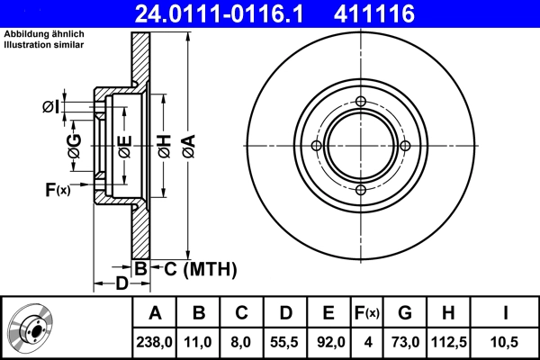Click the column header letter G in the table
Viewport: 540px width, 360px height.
pyautogui.click(x=404, y=313)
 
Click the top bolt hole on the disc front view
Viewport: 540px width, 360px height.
pyautogui.click(x=360, y=101)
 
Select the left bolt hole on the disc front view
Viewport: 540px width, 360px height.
pyautogui.click(x=316, y=146)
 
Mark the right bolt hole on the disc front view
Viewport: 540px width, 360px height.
pyautogui.click(x=404, y=146)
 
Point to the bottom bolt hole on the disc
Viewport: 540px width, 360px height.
pyautogui.click(x=360, y=190)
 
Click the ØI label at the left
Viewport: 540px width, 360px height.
pyautogui.click(x=50, y=107)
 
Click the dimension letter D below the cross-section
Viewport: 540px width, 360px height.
pyautogui.click(x=121, y=284)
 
